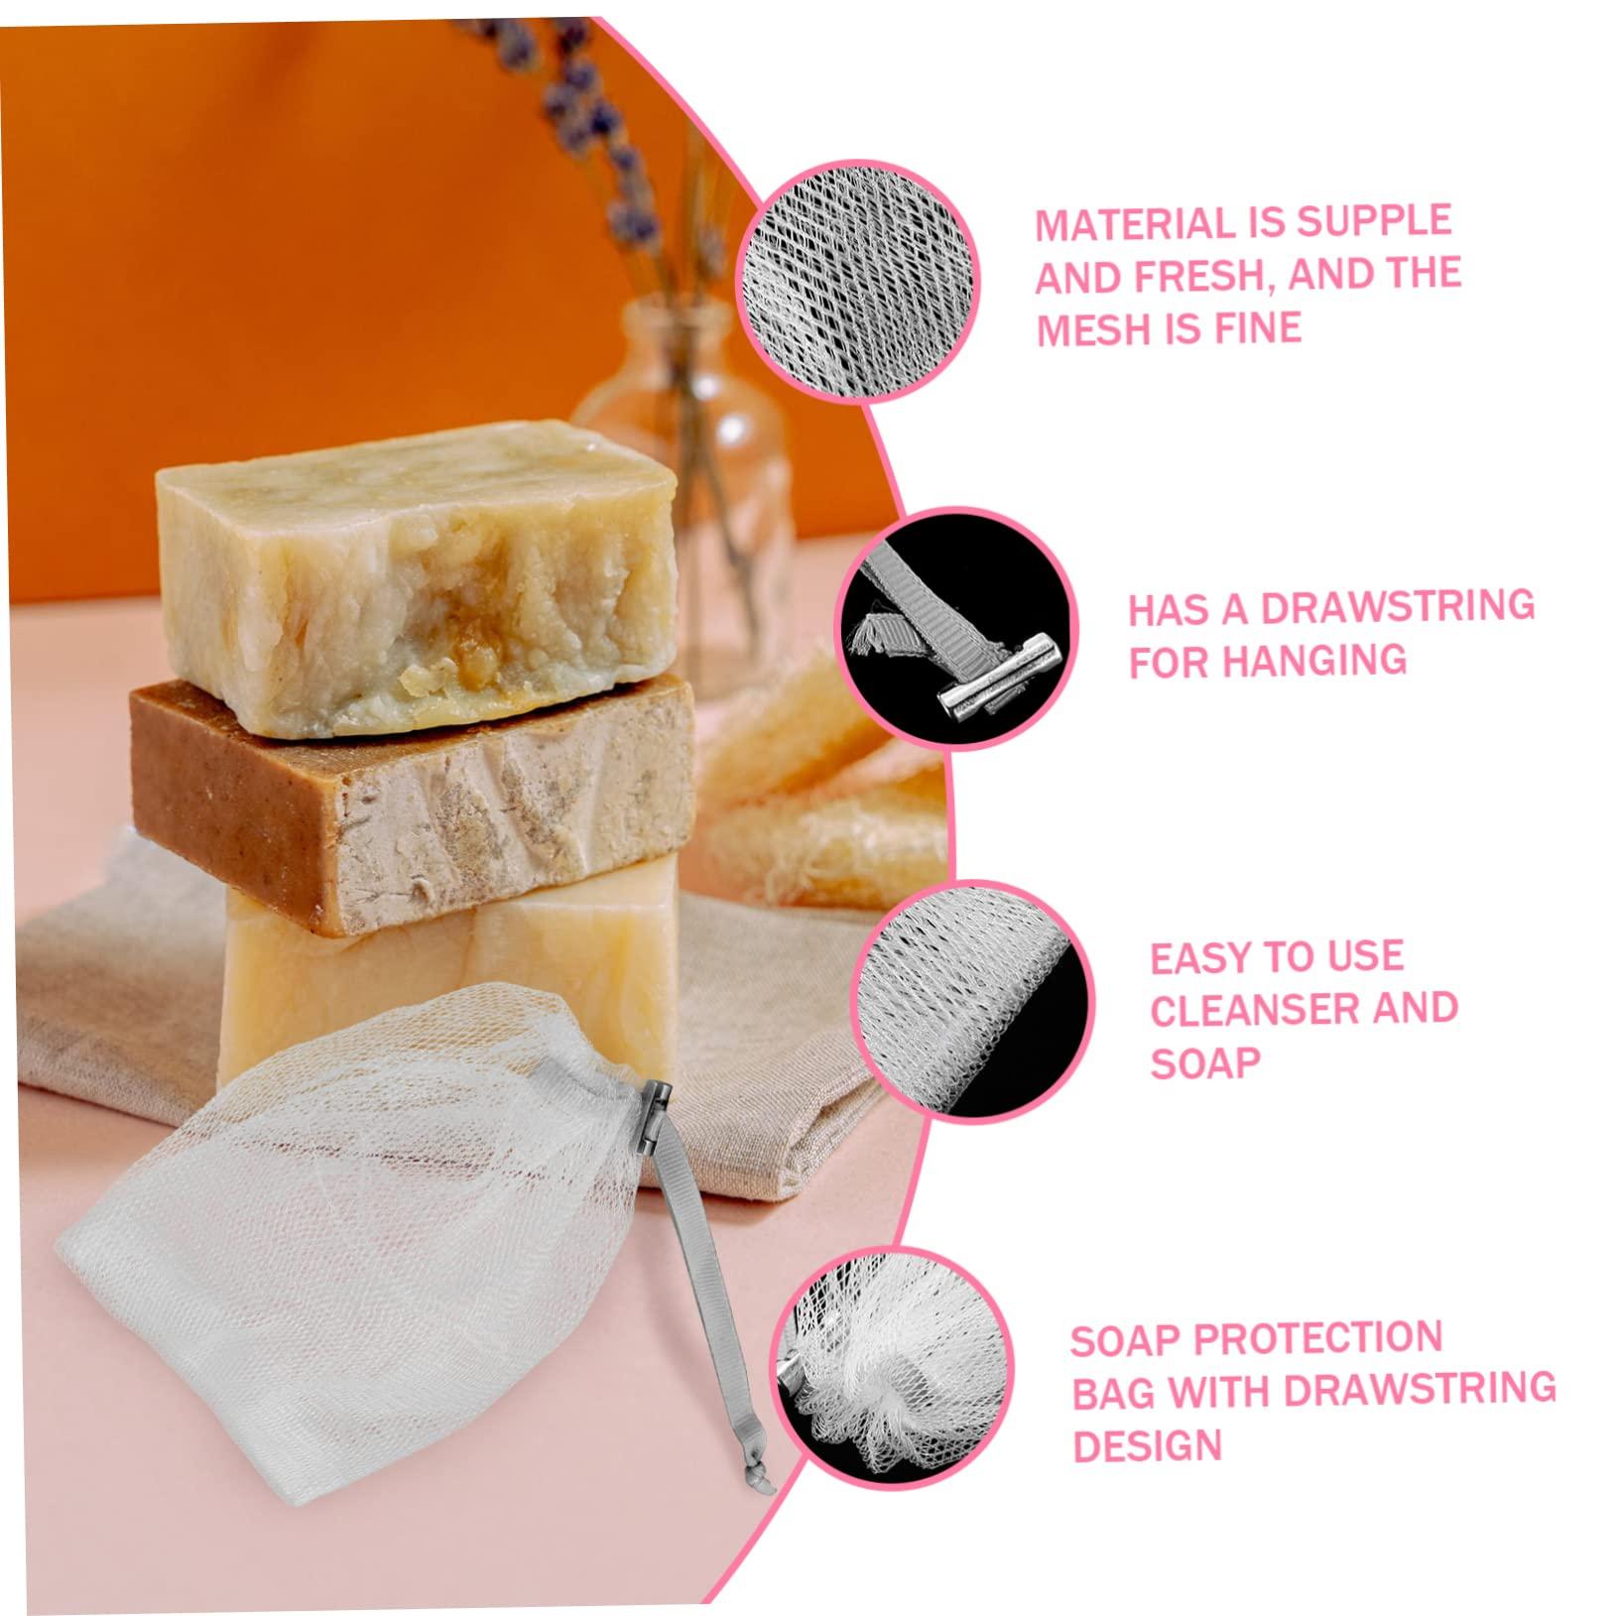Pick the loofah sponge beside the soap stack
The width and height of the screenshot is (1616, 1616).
point(823,794)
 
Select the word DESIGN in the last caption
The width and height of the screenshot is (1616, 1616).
point(1146,1445)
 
